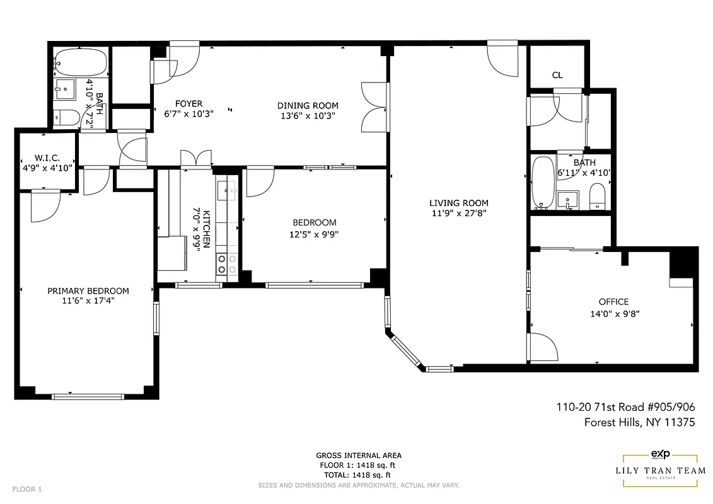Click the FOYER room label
coord(188,104)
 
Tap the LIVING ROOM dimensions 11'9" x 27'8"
coord(458,213)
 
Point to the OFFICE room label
coord(613,302)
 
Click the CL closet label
coord(557,75)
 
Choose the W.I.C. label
coord(47,158)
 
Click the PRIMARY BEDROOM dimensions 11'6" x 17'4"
coord(88,301)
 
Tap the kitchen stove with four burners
coord(227,264)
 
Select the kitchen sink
coord(227,188)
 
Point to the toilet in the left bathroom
coord(66,117)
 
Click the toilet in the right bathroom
coord(597,197)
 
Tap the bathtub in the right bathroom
coord(542,183)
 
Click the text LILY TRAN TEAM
coord(660,471)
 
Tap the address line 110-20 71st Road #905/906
coord(625,407)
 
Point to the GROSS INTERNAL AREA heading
coord(358,455)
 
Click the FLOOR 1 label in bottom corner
coord(27,489)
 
